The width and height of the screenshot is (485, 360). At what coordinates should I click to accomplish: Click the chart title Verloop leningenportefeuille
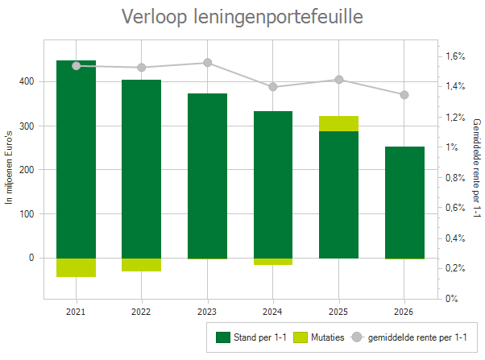click(242, 17)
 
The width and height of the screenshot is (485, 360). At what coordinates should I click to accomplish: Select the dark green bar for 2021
click(76, 159)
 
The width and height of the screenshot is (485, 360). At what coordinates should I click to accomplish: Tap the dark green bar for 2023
click(207, 176)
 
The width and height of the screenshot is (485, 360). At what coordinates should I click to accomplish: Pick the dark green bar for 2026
click(404, 202)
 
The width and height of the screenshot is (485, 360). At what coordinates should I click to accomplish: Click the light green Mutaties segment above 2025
click(338, 123)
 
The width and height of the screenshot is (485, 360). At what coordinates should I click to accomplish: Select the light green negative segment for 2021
click(76, 267)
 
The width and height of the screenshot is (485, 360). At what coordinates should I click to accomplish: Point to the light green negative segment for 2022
click(141, 265)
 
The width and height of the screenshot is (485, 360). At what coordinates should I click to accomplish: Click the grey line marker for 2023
click(207, 63)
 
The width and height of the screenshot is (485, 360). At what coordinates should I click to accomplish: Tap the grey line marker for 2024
click(273, 87)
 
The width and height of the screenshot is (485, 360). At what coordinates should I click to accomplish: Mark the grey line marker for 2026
click(404, 95)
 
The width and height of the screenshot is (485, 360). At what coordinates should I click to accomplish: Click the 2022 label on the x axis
click(141, 311)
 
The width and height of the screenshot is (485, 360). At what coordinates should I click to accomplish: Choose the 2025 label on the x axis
click(338, 311)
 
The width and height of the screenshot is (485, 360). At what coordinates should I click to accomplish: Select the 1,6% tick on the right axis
click(455, 56)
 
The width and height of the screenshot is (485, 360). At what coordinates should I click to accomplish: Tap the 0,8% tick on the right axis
click(455, 208)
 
